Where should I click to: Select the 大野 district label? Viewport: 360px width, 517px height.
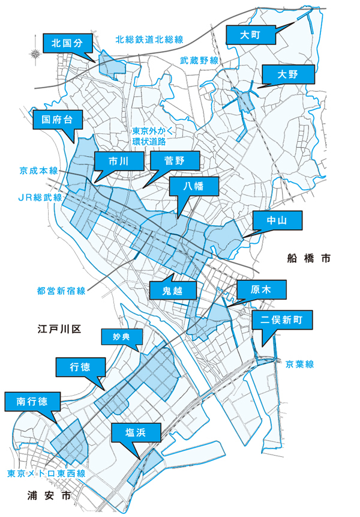pos(288,75)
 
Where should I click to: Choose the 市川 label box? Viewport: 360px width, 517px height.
pos(119,161)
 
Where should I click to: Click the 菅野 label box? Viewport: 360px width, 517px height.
pos(175,161)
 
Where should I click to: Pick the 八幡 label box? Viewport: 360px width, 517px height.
pos(194,187)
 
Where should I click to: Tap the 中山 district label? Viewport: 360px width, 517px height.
pos(278,221)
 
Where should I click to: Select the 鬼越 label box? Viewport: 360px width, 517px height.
pos(172,291)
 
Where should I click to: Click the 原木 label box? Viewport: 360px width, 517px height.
pos(262,290)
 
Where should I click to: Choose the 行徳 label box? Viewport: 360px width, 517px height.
pos(80,367)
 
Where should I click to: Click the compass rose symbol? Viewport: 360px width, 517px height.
pos(35,54)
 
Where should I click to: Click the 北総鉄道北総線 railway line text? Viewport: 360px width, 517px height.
pos(149,40)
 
